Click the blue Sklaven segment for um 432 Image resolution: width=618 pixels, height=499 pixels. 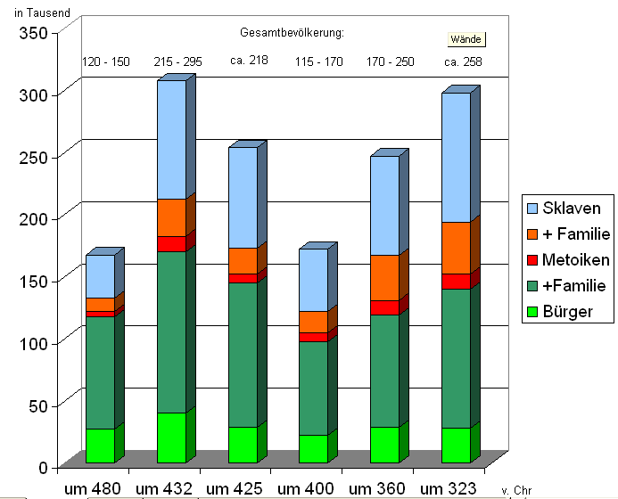[x=171, y=139]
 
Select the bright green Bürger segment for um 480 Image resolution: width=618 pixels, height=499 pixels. [x=100, y=446]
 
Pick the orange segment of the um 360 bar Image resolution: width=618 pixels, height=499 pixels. [x=384, y=277]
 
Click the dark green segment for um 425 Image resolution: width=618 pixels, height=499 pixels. [x=243, y=355]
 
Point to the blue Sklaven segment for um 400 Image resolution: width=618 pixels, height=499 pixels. [x=313, y=280]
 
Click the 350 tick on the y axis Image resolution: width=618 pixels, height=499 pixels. [x=36, y=31]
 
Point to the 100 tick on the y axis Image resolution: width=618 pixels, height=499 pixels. [x=36, y=342]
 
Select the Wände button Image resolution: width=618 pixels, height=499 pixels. [x=466, y=40]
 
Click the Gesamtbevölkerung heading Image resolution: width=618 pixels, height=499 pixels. [x=292, y=33]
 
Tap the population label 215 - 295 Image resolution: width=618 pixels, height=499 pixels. [x=177, y=61]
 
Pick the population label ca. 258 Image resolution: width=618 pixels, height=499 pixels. [x=462, y=61]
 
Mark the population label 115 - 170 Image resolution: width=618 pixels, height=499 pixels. [x=319, y=61]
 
